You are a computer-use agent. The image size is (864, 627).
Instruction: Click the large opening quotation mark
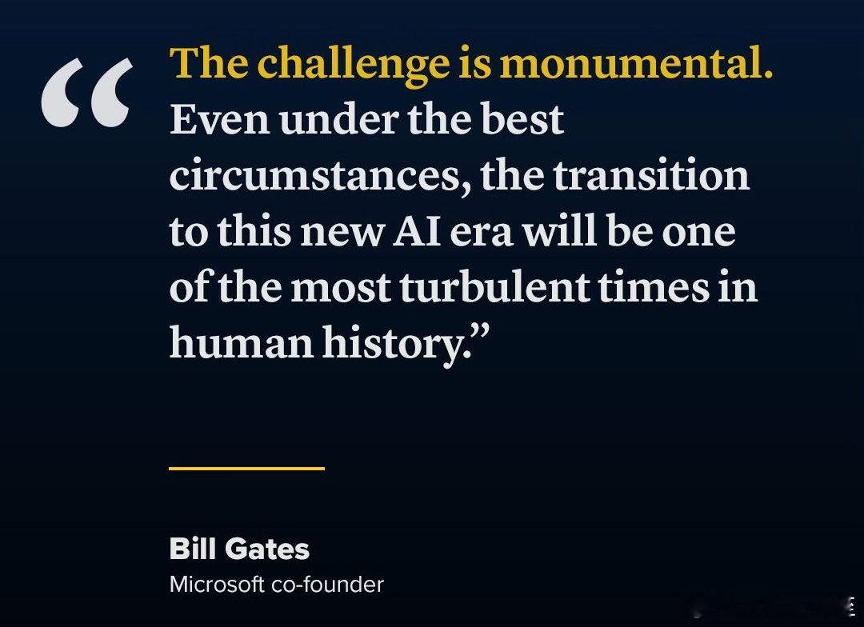pos(87,93)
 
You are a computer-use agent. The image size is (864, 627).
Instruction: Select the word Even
pos(219,119)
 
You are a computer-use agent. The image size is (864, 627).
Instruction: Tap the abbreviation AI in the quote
pos(417,231)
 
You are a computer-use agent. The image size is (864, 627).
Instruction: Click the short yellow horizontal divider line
pos(246,469)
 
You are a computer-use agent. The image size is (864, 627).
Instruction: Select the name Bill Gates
pos(239,549)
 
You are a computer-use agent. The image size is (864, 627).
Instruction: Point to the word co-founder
pos(327,585)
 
